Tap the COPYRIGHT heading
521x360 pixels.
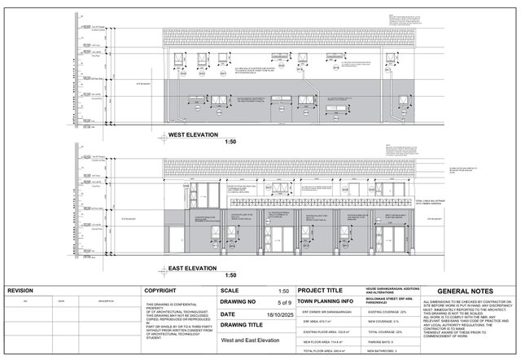pyautogui.click(x=161, y=291)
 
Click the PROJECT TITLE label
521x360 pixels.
pyautogui.click(x=324, y=291)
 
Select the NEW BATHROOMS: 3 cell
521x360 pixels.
pyautogui.click(x=382, y=351)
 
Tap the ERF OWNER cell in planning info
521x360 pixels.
pyautogui.click(x=326, y=312)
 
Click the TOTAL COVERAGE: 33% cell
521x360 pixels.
pyautogui.click(x=384, y=331)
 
